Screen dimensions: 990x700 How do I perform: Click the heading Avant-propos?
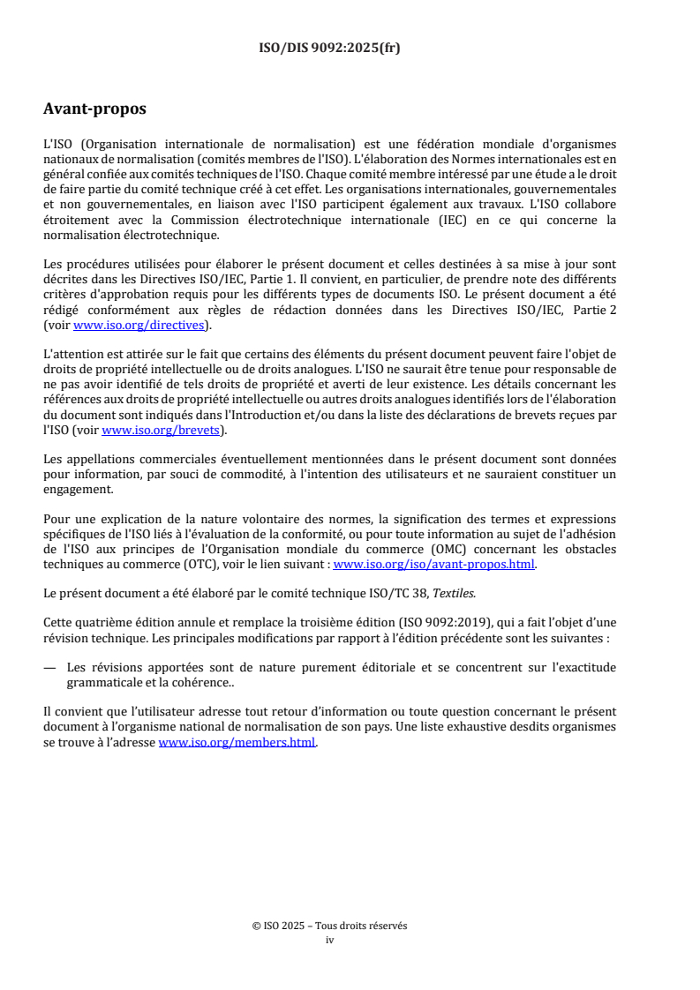tap(94, 109)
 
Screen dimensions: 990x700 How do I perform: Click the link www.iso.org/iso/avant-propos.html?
tap(433, 565)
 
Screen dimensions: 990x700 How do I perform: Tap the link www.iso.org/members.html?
tap(237, 743)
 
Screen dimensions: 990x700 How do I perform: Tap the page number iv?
tap(330, 940)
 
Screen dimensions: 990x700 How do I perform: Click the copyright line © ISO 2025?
tap(329, 926)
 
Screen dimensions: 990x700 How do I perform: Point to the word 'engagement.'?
tap(79, 491)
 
